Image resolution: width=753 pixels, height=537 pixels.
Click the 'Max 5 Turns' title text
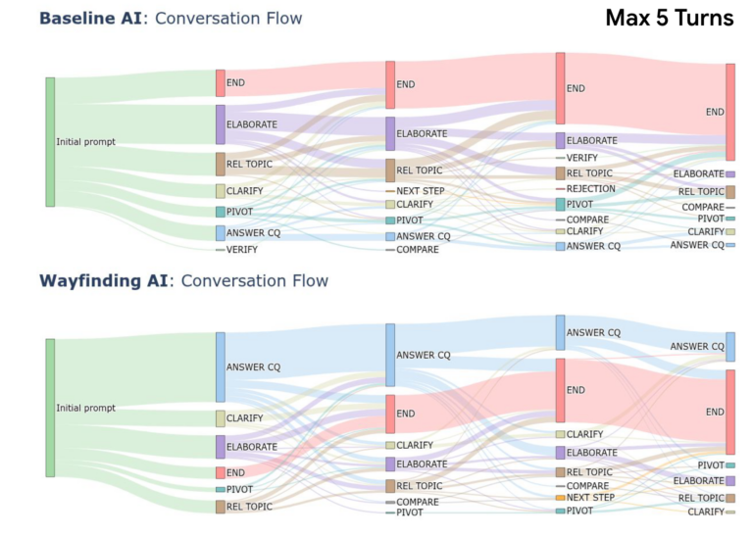click(669, 19)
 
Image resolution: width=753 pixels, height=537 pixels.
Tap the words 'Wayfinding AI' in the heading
click(103, 281)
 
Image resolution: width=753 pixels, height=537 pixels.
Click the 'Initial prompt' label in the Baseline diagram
click(85, 142)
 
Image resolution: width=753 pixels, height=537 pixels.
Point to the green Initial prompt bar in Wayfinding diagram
click(50, 408)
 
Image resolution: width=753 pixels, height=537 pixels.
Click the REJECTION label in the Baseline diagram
click(591, 188)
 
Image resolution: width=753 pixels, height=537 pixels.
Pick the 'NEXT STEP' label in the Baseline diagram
click(422, 190)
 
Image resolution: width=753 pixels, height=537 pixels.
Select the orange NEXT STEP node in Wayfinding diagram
click(560, 498)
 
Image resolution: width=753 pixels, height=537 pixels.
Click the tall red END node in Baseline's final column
click(729, 112)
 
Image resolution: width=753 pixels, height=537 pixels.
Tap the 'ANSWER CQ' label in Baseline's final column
click(697, 245)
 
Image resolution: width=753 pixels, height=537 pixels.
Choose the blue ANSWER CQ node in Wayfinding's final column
click(729, 347)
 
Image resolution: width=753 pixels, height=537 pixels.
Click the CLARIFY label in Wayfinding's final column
click(706, 512)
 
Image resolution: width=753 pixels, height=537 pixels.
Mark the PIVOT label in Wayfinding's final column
click(711, 464)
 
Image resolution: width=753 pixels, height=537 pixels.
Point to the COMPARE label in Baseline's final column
click(702, 208)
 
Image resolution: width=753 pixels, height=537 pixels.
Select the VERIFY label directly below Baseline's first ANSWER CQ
click(242, 250)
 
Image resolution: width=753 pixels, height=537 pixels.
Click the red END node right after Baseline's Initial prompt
click(221, 83)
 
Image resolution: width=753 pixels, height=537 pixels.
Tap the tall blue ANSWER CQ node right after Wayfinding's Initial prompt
click(221, 367)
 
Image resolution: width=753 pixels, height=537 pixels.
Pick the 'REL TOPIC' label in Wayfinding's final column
click(700, 498)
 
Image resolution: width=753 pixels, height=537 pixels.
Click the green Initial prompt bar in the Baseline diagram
click(50, 142)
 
